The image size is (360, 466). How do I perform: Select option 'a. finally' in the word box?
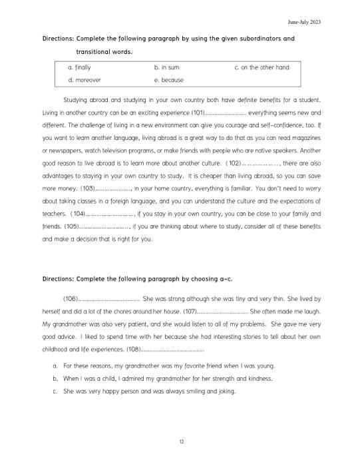tap(79, 68)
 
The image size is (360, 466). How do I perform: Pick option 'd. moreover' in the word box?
tap(83, 80)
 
